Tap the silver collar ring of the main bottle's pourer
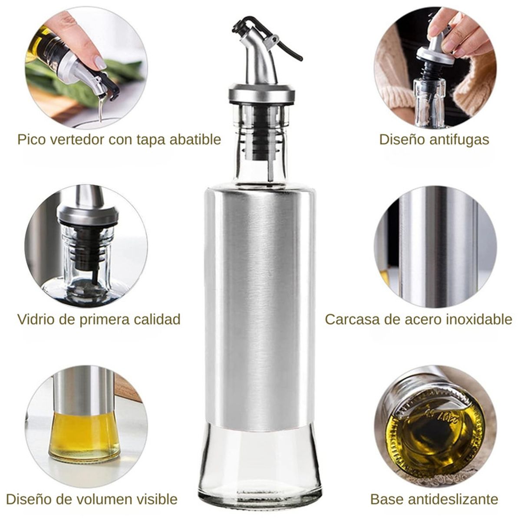[262, 93]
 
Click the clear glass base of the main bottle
[260, 465]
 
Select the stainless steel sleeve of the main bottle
[260, 304]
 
